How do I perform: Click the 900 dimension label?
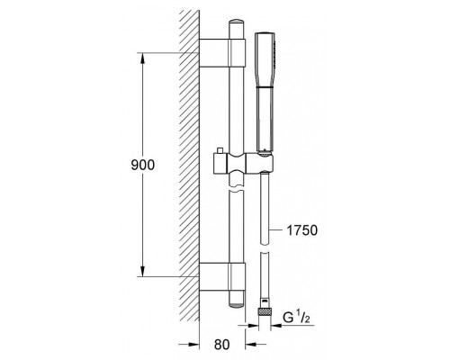coord(143,165)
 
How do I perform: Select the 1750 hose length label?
coord(302,230)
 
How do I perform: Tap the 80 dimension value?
coord(221,345)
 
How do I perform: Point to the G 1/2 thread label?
coord(296,318)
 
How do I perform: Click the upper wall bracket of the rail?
coord(222,53)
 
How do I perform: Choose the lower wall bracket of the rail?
coord(222,276)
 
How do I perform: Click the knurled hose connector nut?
coord(265,311)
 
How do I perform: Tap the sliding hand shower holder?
coord(243,165)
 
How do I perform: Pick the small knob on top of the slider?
coord(220,150)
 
